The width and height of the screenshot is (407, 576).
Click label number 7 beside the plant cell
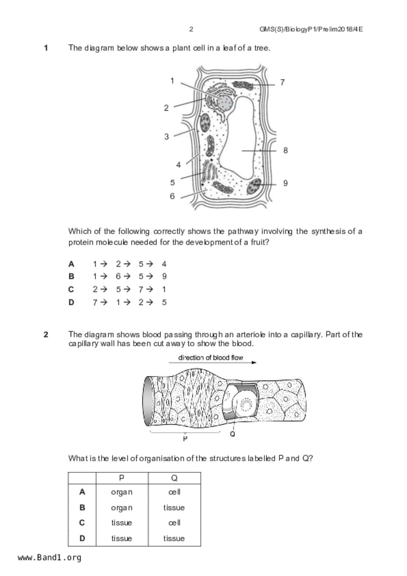(x=282, y=82)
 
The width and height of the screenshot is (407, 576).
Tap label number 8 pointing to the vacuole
(x=285, y=150)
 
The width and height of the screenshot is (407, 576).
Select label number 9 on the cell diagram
(x=285, y=183)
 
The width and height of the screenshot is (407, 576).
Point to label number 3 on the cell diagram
(x=167, y=137)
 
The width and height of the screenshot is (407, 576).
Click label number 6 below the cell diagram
(x=172, y=196)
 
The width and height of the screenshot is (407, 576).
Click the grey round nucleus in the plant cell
(x=225, y=103)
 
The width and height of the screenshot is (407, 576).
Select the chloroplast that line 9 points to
(x=254, y=186)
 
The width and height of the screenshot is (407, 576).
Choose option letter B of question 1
(x=71, y=277)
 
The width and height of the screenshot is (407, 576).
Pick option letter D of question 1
(x=71, y=302)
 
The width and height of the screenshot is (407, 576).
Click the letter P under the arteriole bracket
(x=185, y=438)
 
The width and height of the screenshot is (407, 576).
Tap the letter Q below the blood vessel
(x=233, y=434)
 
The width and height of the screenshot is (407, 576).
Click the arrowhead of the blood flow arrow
(x=254, y=363)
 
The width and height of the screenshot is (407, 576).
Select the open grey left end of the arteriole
(x=147, y=401)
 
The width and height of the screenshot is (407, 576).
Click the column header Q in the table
(x=174, y=478)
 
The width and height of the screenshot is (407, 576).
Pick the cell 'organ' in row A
(x=122, y=492)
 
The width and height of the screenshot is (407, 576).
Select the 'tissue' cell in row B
(x=174, y=508)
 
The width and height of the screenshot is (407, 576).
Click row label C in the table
(x=82, y=522)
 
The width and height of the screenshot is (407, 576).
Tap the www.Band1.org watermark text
(x=49, y=558)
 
